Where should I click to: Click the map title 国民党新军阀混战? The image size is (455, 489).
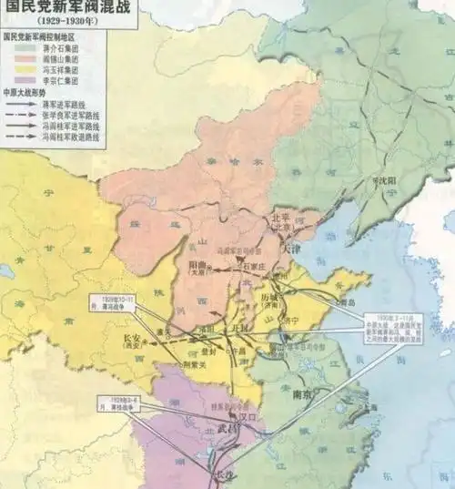[56, 7]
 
